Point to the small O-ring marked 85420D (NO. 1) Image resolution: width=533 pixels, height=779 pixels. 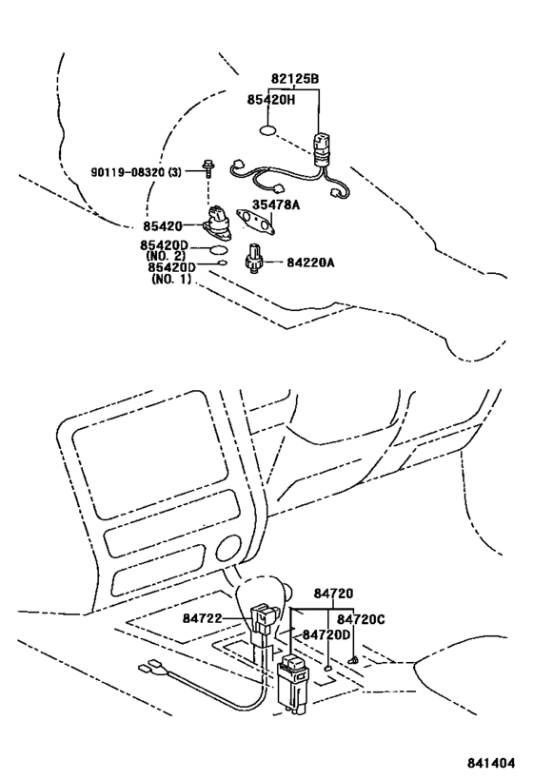(220, 263)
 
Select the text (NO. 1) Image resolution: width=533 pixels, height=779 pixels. (170, 280)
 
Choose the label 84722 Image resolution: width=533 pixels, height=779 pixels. (204, 617)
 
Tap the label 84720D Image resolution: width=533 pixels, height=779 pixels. (326, 634)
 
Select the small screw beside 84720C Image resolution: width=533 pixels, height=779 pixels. (354, 660)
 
